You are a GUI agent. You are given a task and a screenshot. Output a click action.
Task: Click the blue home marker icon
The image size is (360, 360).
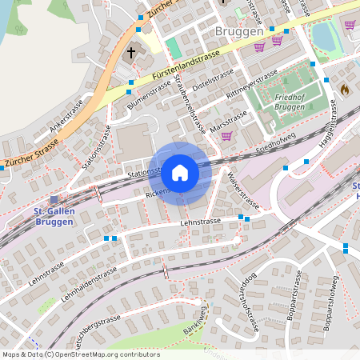(180, 172)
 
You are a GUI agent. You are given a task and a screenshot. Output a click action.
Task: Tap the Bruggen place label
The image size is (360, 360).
(240, 31)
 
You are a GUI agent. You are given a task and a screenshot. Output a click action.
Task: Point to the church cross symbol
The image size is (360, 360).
(132, 53)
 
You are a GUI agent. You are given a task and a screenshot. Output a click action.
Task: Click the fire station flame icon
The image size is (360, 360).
(344, 90)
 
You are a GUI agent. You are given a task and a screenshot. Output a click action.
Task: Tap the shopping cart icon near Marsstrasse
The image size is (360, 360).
(226, 135)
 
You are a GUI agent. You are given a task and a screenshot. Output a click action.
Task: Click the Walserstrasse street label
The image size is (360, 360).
(241, 186)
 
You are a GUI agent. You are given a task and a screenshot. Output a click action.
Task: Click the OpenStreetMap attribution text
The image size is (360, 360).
(81, 354)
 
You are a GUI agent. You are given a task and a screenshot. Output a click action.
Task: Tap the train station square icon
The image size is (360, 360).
(54, 200)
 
